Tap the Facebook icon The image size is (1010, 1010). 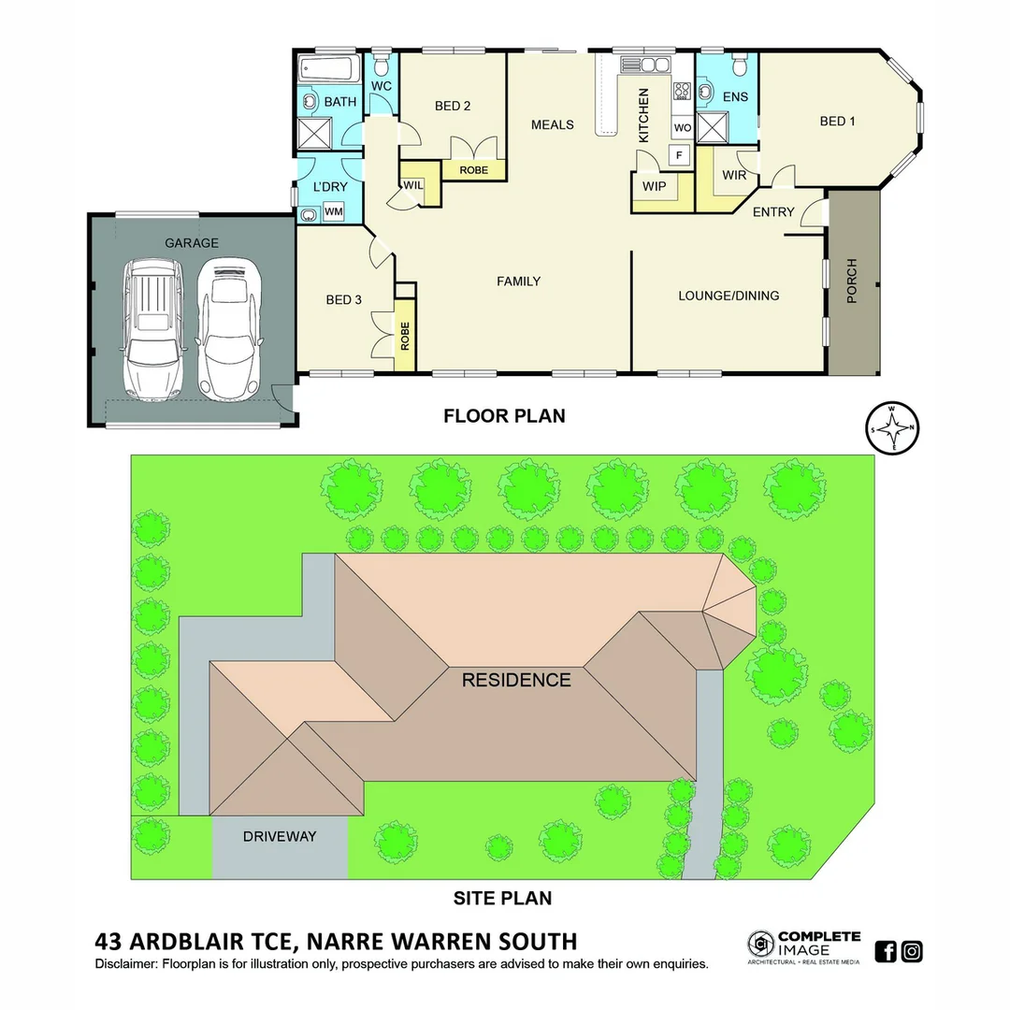tap(886, 951)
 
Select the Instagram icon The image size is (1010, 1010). tap(912, 951)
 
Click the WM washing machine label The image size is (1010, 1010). tap(333, 213)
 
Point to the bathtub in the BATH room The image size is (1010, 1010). tap(328, 70)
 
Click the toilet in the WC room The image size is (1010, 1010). tap(381, 66)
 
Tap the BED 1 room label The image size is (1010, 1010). tap(837, 121)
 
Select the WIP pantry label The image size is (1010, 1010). tap(654, 186)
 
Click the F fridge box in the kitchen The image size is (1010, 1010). tap(678, 154)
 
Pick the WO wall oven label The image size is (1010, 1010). tap(682, 127)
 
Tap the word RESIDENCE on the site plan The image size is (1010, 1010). tap(516, 680)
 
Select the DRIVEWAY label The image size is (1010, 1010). tap(280, 836)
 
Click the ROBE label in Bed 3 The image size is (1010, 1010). tap(405, 336)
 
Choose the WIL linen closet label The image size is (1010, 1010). tap(413, 185)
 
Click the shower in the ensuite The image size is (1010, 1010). tap(712, 126)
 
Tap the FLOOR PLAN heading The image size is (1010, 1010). tap(504, 415)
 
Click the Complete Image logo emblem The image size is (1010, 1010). tap(760, 944)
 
